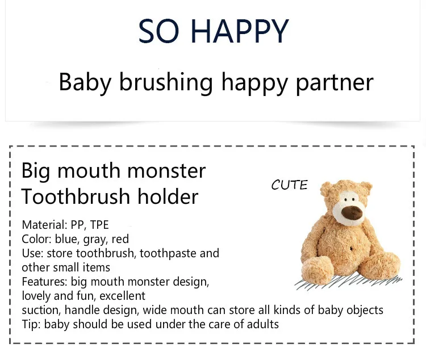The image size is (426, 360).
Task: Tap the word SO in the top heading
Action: coord(158,31)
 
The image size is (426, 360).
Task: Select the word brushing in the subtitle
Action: coord(166,83)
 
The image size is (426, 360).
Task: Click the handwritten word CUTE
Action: coord(289,185)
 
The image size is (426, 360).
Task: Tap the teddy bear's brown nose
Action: coord(352,212)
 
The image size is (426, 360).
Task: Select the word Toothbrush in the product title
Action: coord(76,196)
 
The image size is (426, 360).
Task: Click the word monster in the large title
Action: coord(166,171)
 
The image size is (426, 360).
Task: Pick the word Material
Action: coord(44,225)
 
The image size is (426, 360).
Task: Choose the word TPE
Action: coord(99,225)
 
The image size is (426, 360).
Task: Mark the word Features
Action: coord(44,282)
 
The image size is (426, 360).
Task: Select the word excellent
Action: coord(122,296)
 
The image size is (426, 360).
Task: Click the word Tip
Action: coord(31,324)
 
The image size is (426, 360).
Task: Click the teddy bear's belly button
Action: coord(351,248)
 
